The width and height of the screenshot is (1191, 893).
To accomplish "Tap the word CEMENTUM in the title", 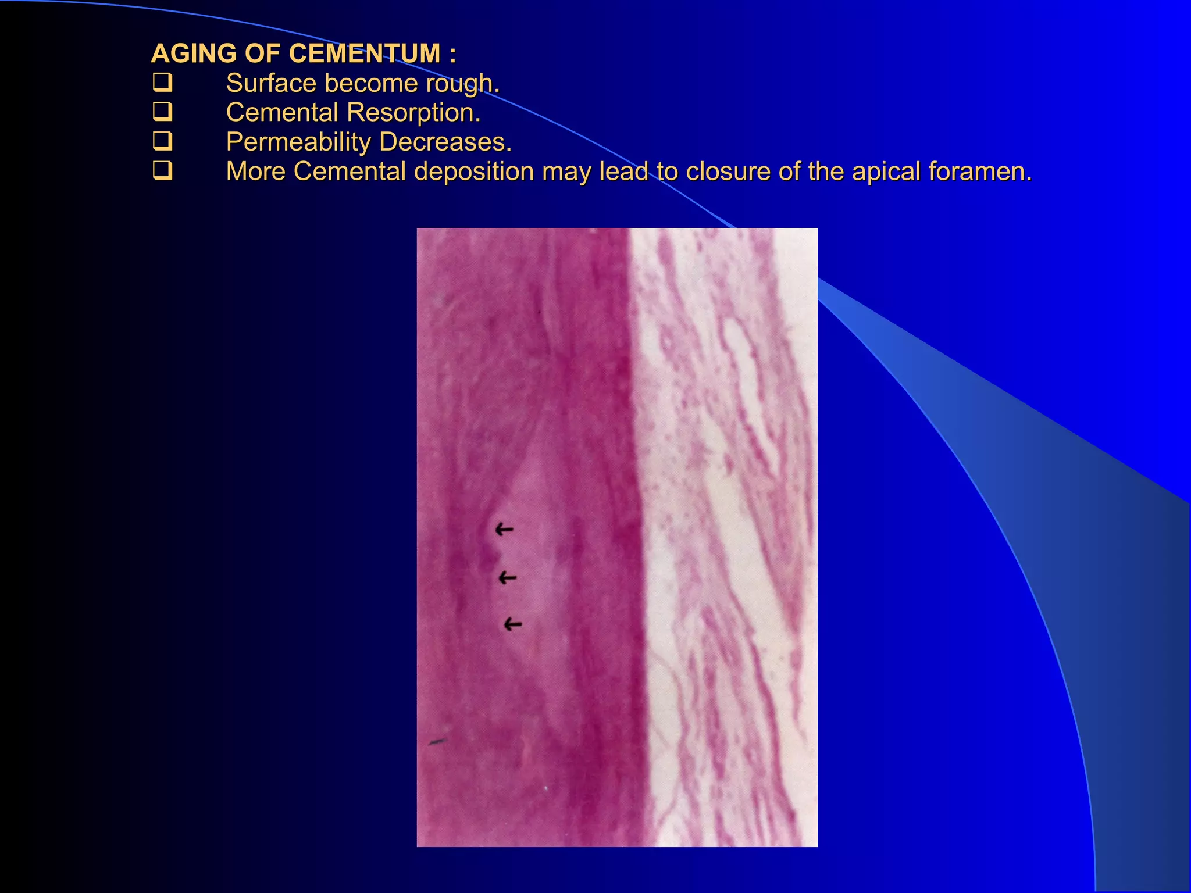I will click(365, 53).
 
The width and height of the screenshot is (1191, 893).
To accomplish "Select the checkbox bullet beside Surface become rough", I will click(162, 82).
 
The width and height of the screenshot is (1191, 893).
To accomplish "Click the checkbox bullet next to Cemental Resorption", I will click(162, 111).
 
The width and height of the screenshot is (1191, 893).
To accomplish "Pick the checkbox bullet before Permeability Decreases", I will click(162, 141).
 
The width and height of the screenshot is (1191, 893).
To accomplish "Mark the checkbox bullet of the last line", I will click(162, 170).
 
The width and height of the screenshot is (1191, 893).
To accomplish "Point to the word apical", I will click(886, 172).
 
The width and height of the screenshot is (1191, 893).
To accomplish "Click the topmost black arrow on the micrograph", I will click(504, 529).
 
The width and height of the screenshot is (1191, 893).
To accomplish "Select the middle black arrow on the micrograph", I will click(508, 578).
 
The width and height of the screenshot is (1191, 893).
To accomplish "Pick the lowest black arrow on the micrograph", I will click(512, 624).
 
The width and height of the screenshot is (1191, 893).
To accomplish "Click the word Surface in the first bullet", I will click(270, 84).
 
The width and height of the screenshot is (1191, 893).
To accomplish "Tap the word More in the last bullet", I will click(255, 172).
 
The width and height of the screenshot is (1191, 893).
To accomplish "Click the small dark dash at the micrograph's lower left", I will click(437, 742).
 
